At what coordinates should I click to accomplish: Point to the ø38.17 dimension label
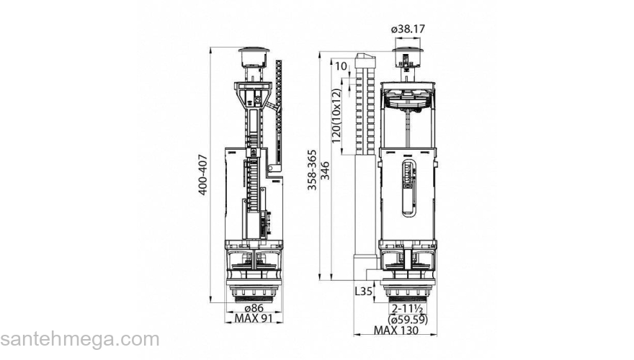tap(408, 29)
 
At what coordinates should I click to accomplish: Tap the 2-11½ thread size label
tap(407, 308)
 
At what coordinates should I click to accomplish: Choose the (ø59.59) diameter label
tap(408, 320)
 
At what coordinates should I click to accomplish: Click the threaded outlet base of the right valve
tap(408, 292)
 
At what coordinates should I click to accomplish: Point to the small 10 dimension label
tap(341, 66)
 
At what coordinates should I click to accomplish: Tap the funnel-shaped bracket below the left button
tap(254, 94)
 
